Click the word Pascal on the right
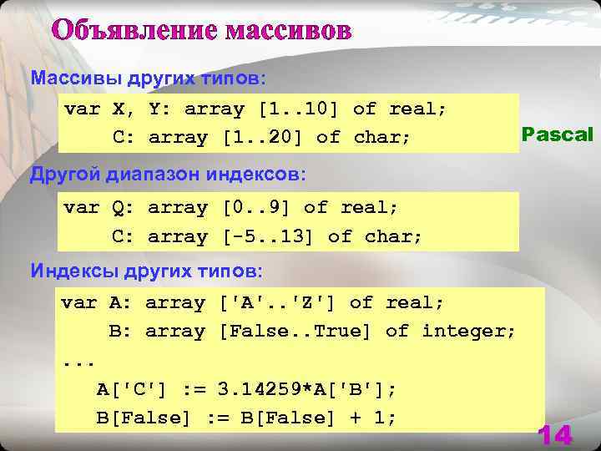558,134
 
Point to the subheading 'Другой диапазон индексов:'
168,175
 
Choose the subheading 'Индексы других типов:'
147,271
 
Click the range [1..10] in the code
300,109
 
